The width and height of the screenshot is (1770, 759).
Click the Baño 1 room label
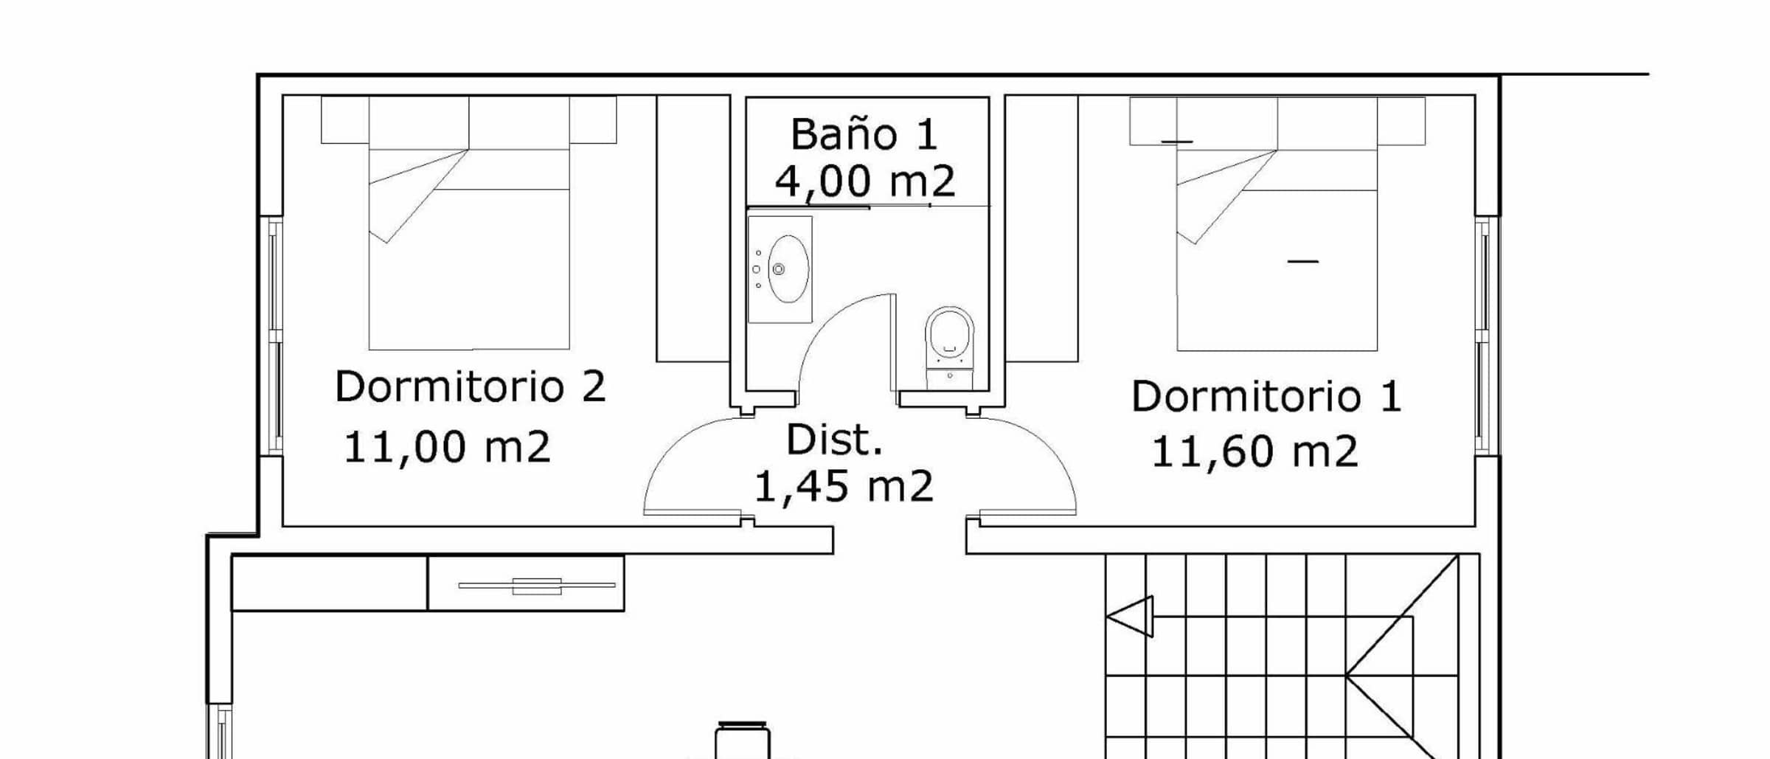click(x=864, y=134)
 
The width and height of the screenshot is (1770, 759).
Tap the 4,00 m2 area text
click(x=865, y=181)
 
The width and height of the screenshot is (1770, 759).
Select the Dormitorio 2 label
click(x=470, y=386)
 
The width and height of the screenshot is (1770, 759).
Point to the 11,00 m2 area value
click(x=447, y=447)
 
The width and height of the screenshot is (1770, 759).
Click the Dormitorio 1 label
click(x=1266, y=396)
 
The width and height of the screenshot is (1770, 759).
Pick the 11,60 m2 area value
click(x=1254, y=451)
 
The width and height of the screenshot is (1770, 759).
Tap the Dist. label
click(x=834, y=440)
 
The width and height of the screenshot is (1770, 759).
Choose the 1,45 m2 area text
click(x=844, y=487)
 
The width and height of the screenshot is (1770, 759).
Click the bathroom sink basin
click(x=788, y=268)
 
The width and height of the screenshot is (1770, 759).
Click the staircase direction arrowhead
click(x=1130, y=616)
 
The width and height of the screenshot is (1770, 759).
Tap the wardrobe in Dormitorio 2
click(x=693, y=229)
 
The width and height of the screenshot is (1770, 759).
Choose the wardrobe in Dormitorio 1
click(x=1042, y=229)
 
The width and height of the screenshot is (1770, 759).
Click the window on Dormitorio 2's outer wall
click(x=273, y=336)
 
